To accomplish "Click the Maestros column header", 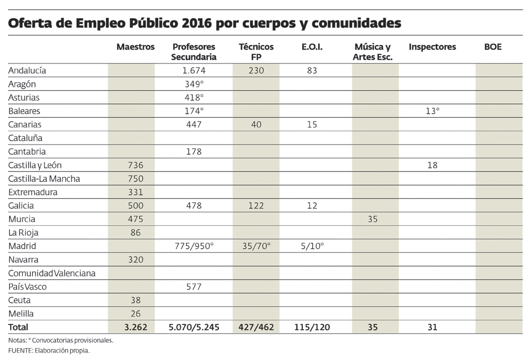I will (x=136, y=47).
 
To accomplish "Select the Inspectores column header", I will (x=432, y=47).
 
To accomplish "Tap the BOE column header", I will (x=493, y=47).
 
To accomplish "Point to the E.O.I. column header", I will (x=312, y=47).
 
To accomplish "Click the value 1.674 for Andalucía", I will (x=194, y=70).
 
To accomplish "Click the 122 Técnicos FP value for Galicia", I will (x=256, y=206).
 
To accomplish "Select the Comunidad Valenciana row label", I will (x=52, y=273).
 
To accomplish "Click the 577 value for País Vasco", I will (x=194, y=287).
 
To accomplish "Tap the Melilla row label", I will (x=20, y=314).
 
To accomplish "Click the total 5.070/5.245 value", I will (x=194, y=327).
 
